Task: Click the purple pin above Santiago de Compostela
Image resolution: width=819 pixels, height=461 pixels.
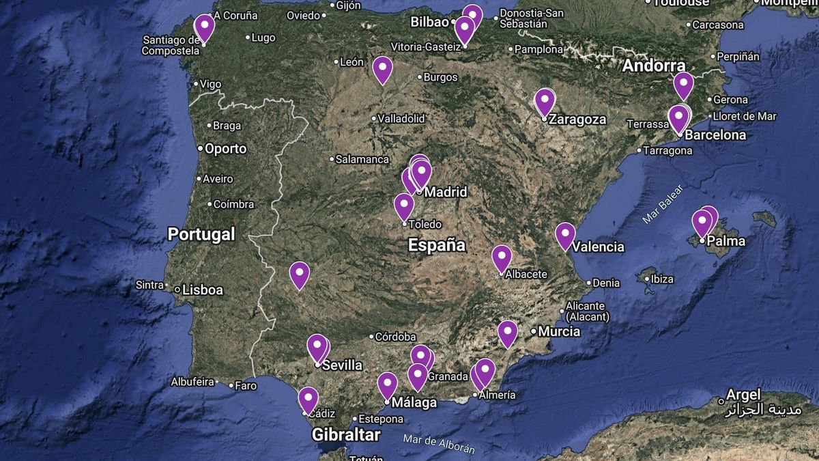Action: click(x=204, y=27)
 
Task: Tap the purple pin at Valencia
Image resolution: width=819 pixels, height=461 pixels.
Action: click(x=565, y=235)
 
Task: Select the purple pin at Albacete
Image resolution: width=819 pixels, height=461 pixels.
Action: click(x=502, y=257)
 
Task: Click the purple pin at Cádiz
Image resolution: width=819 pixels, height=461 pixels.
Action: click(x=308, y=399)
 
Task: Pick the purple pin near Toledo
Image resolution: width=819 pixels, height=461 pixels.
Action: click(x=404, y=206)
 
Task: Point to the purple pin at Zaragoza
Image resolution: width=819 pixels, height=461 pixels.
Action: click(x=545, y=102)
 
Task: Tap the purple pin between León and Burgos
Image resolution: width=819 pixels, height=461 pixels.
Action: click(x=382, y=69)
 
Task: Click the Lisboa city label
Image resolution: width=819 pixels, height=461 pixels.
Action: click(x=203, y=290)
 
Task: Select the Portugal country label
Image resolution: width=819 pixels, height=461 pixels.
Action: click(x=201, y=234)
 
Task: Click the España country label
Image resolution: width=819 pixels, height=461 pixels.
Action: click(x=437, y=245)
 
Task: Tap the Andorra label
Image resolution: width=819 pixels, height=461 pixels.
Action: click(x=654, y=66)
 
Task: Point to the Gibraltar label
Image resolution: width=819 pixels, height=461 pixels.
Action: click(x=346, y=434)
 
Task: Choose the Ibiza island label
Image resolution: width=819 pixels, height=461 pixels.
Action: click(x=662, y=279)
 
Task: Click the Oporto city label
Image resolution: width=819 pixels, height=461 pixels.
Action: click(x=226, y=148)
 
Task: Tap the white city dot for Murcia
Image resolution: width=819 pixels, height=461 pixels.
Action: click(x=534, y=331)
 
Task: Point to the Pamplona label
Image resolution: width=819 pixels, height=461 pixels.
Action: click(x=539, y=49)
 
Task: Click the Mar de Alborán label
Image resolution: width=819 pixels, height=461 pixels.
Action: click(x=438, y=444)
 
